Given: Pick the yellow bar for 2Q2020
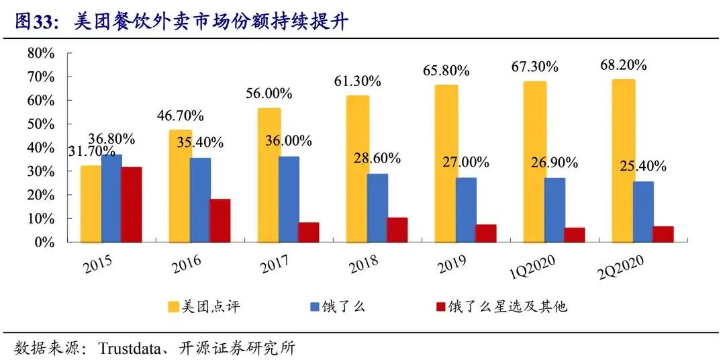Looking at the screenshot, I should (x=623, y=161).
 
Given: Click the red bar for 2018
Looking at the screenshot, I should (x=397, y=230).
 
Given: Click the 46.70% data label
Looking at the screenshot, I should (x=179, y=116).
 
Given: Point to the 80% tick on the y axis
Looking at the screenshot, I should (x=40, y=53).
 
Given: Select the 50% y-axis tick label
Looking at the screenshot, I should (x=40, y=124).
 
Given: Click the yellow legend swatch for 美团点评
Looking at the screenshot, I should (x=174, y=307).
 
